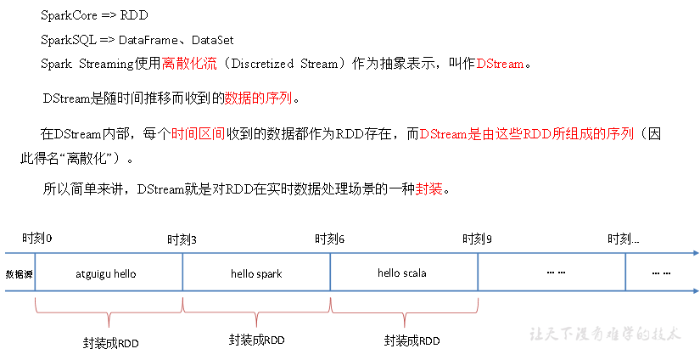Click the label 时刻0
pos(37,238)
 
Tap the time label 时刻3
pos(182,239)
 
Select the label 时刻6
pos(329,239)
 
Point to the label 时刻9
pos(477,239)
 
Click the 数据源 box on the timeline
pos(20,274)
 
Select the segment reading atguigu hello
pos(106,274)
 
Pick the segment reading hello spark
pos(256,274)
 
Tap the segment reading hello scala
pos(402,273)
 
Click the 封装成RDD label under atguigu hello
pos(111,343)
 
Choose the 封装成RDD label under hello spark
pos(256,340)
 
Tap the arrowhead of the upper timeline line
pos(695,253)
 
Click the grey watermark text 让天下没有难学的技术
pos(605,334)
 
